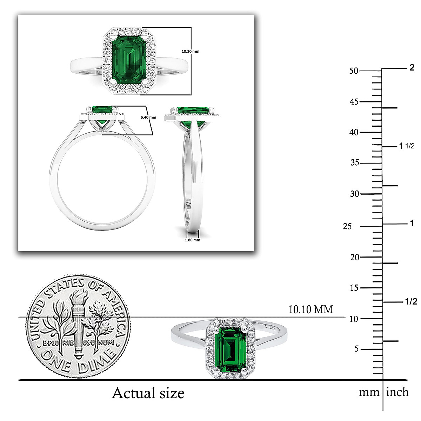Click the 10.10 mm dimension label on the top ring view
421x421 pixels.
pyautogui.click(x=190, y=52)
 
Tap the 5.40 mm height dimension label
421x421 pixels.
pyautogui.click(x=148, y=118)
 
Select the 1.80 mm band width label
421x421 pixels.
pyautogui.click(x=192, y=240)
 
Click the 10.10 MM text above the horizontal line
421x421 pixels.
pyautogui.click(x=310, y=309)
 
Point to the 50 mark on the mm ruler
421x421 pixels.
pyautogui.click(x=354, y=71)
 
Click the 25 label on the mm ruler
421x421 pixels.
pyautogui.click(x=347, y=226)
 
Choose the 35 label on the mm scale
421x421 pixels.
pyautogui.click(x=355, y=163)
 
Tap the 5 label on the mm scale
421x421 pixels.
pyautogui.click(x=356, y=349)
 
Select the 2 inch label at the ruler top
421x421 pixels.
pyautogui.click(x=412, y=68)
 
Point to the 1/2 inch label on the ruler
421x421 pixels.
pyautogui.click(x=411, y=301)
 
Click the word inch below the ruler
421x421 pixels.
pyautogui.click(x=397, y=392)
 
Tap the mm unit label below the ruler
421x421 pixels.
pyautogui.click(x=369, y=392)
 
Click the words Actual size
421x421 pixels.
pyautogui.click(x=148, y=393)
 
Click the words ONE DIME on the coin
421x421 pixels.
pyautogui.click(x=78, y=361)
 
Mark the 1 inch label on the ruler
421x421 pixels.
pyautogui.click(x=412, y=223)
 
